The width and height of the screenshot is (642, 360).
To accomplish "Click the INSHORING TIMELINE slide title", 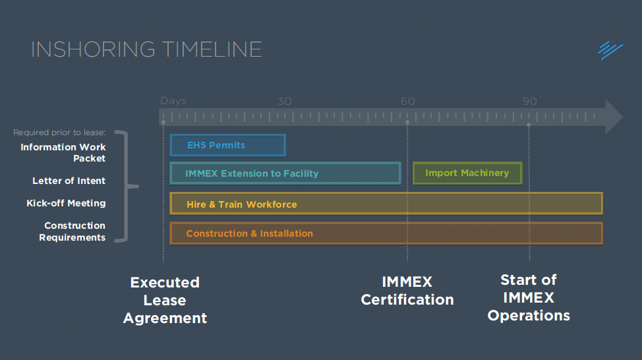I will point(146,49).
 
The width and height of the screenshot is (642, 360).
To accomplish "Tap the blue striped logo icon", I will point(610,50).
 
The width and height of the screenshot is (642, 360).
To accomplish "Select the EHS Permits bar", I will point(227,145).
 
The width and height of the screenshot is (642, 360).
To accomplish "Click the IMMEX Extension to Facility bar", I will point(285,173).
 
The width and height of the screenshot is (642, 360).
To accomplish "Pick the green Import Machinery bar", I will point(467,173).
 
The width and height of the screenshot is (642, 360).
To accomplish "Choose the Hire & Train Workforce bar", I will point(386,204).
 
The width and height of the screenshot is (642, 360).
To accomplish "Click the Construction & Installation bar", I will point(386,233).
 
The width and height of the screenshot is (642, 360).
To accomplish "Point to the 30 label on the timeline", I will point(284,102).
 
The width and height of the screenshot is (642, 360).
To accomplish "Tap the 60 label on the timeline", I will point(408,102).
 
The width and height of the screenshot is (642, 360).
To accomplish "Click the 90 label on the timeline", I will point(530,102).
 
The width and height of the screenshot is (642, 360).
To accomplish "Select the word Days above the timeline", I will point(173,102).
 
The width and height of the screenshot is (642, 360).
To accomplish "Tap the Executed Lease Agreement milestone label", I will point(165,300).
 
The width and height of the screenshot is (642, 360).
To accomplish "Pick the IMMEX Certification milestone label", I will point(407,291).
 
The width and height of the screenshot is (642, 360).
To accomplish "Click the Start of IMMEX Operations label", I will point(529,298).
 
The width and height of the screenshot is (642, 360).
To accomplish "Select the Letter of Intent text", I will point(69,181).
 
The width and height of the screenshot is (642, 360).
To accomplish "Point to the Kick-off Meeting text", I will point(66,203).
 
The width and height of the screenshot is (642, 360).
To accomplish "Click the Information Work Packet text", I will point(63,152).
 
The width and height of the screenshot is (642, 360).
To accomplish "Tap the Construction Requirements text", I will point(73,231).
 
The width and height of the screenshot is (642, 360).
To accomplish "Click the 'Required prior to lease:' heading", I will point(59,133).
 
